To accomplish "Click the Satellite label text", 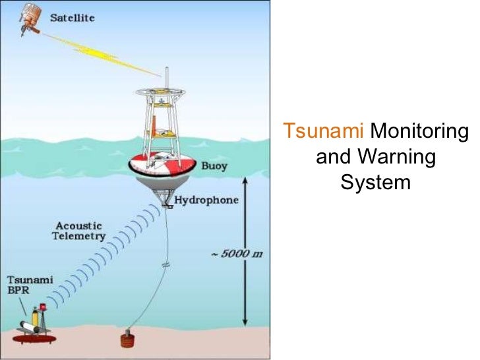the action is [x=73, y=18].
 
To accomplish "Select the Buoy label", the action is [x=214, y=165].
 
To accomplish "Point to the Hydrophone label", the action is [x=206, y=199].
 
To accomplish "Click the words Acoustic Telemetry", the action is [x=79, y=231].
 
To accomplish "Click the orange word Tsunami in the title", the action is [x=324, y=132].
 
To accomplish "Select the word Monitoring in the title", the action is [x=419, y=132].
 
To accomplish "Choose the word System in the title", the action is [x=375, y=181].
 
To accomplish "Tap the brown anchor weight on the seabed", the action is [x=126, y=342].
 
